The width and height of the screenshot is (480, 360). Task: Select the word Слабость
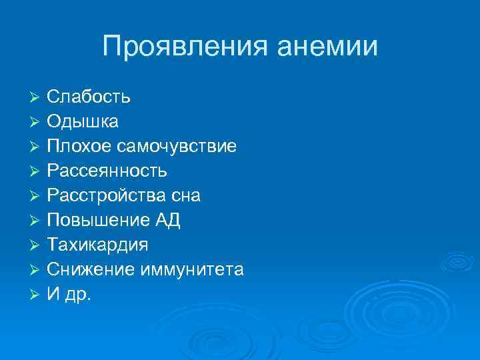[x=89, y=97]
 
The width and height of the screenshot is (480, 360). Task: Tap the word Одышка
[x=83, y=122]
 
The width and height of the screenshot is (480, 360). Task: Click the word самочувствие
[x=178, y=147]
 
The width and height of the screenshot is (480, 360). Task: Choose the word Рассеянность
[x=107, y=171]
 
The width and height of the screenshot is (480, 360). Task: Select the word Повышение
[x=97, y=221]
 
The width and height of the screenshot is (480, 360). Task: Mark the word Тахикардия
[x=98, y=245]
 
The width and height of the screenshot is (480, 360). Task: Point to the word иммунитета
[x=192, y=270]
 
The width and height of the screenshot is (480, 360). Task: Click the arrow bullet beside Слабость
[x=37, y=98]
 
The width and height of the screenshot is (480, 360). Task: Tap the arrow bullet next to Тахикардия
[x=37, y=246]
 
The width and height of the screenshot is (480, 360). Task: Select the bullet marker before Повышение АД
[x=37, y=221]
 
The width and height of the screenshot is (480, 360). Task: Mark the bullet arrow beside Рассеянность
[x=37, y=172]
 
